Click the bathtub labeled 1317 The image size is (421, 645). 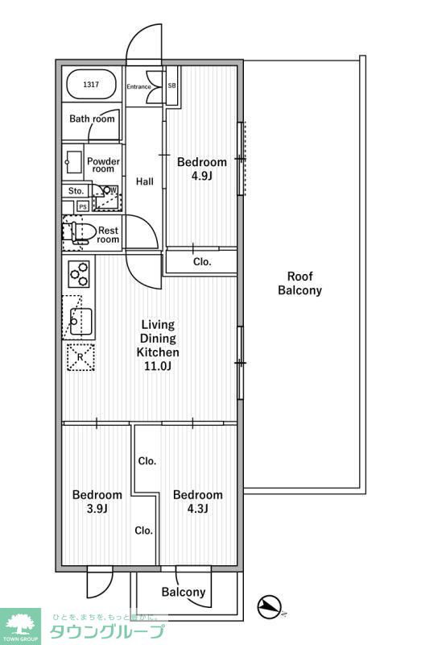click(x=91, y=85)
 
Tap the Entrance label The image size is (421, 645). click(x=138, y=87)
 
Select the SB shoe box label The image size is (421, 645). click(x=171, y=86)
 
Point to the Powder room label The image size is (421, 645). click(x=103, y=165)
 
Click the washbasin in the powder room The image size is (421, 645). click(x=74, y=162)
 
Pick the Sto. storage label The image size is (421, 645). click(x=76, y=191)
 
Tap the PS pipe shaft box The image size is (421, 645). click(x=83, y=207)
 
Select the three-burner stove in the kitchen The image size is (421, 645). click(x=79, y=273)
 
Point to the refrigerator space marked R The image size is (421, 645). click(x=80, y=357)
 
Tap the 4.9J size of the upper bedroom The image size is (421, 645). click(x=201, y=176)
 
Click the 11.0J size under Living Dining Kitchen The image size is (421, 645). click(x=158, y=366)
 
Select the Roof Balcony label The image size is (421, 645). click(x=299, y=284)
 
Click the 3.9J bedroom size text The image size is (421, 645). click(x=97, y=509)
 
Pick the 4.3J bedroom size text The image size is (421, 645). click(x=197, y=509)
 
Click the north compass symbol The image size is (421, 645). click(x=269, y=606)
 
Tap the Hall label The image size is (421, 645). click(x=145, y=181)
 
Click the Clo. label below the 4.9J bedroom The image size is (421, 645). click(x=202, y=261)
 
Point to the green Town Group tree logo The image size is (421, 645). click(x=20, y=626)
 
